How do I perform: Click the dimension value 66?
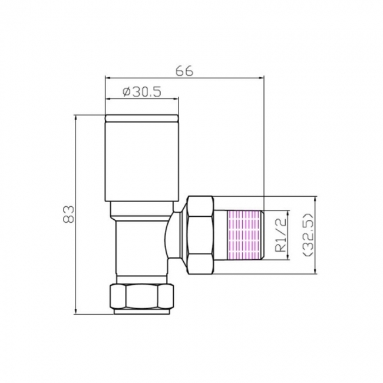pos(184,70)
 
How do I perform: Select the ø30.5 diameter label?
pos(141,92)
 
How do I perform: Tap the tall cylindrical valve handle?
pos(141,159)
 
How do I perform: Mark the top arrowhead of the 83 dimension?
pos(76,117)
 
